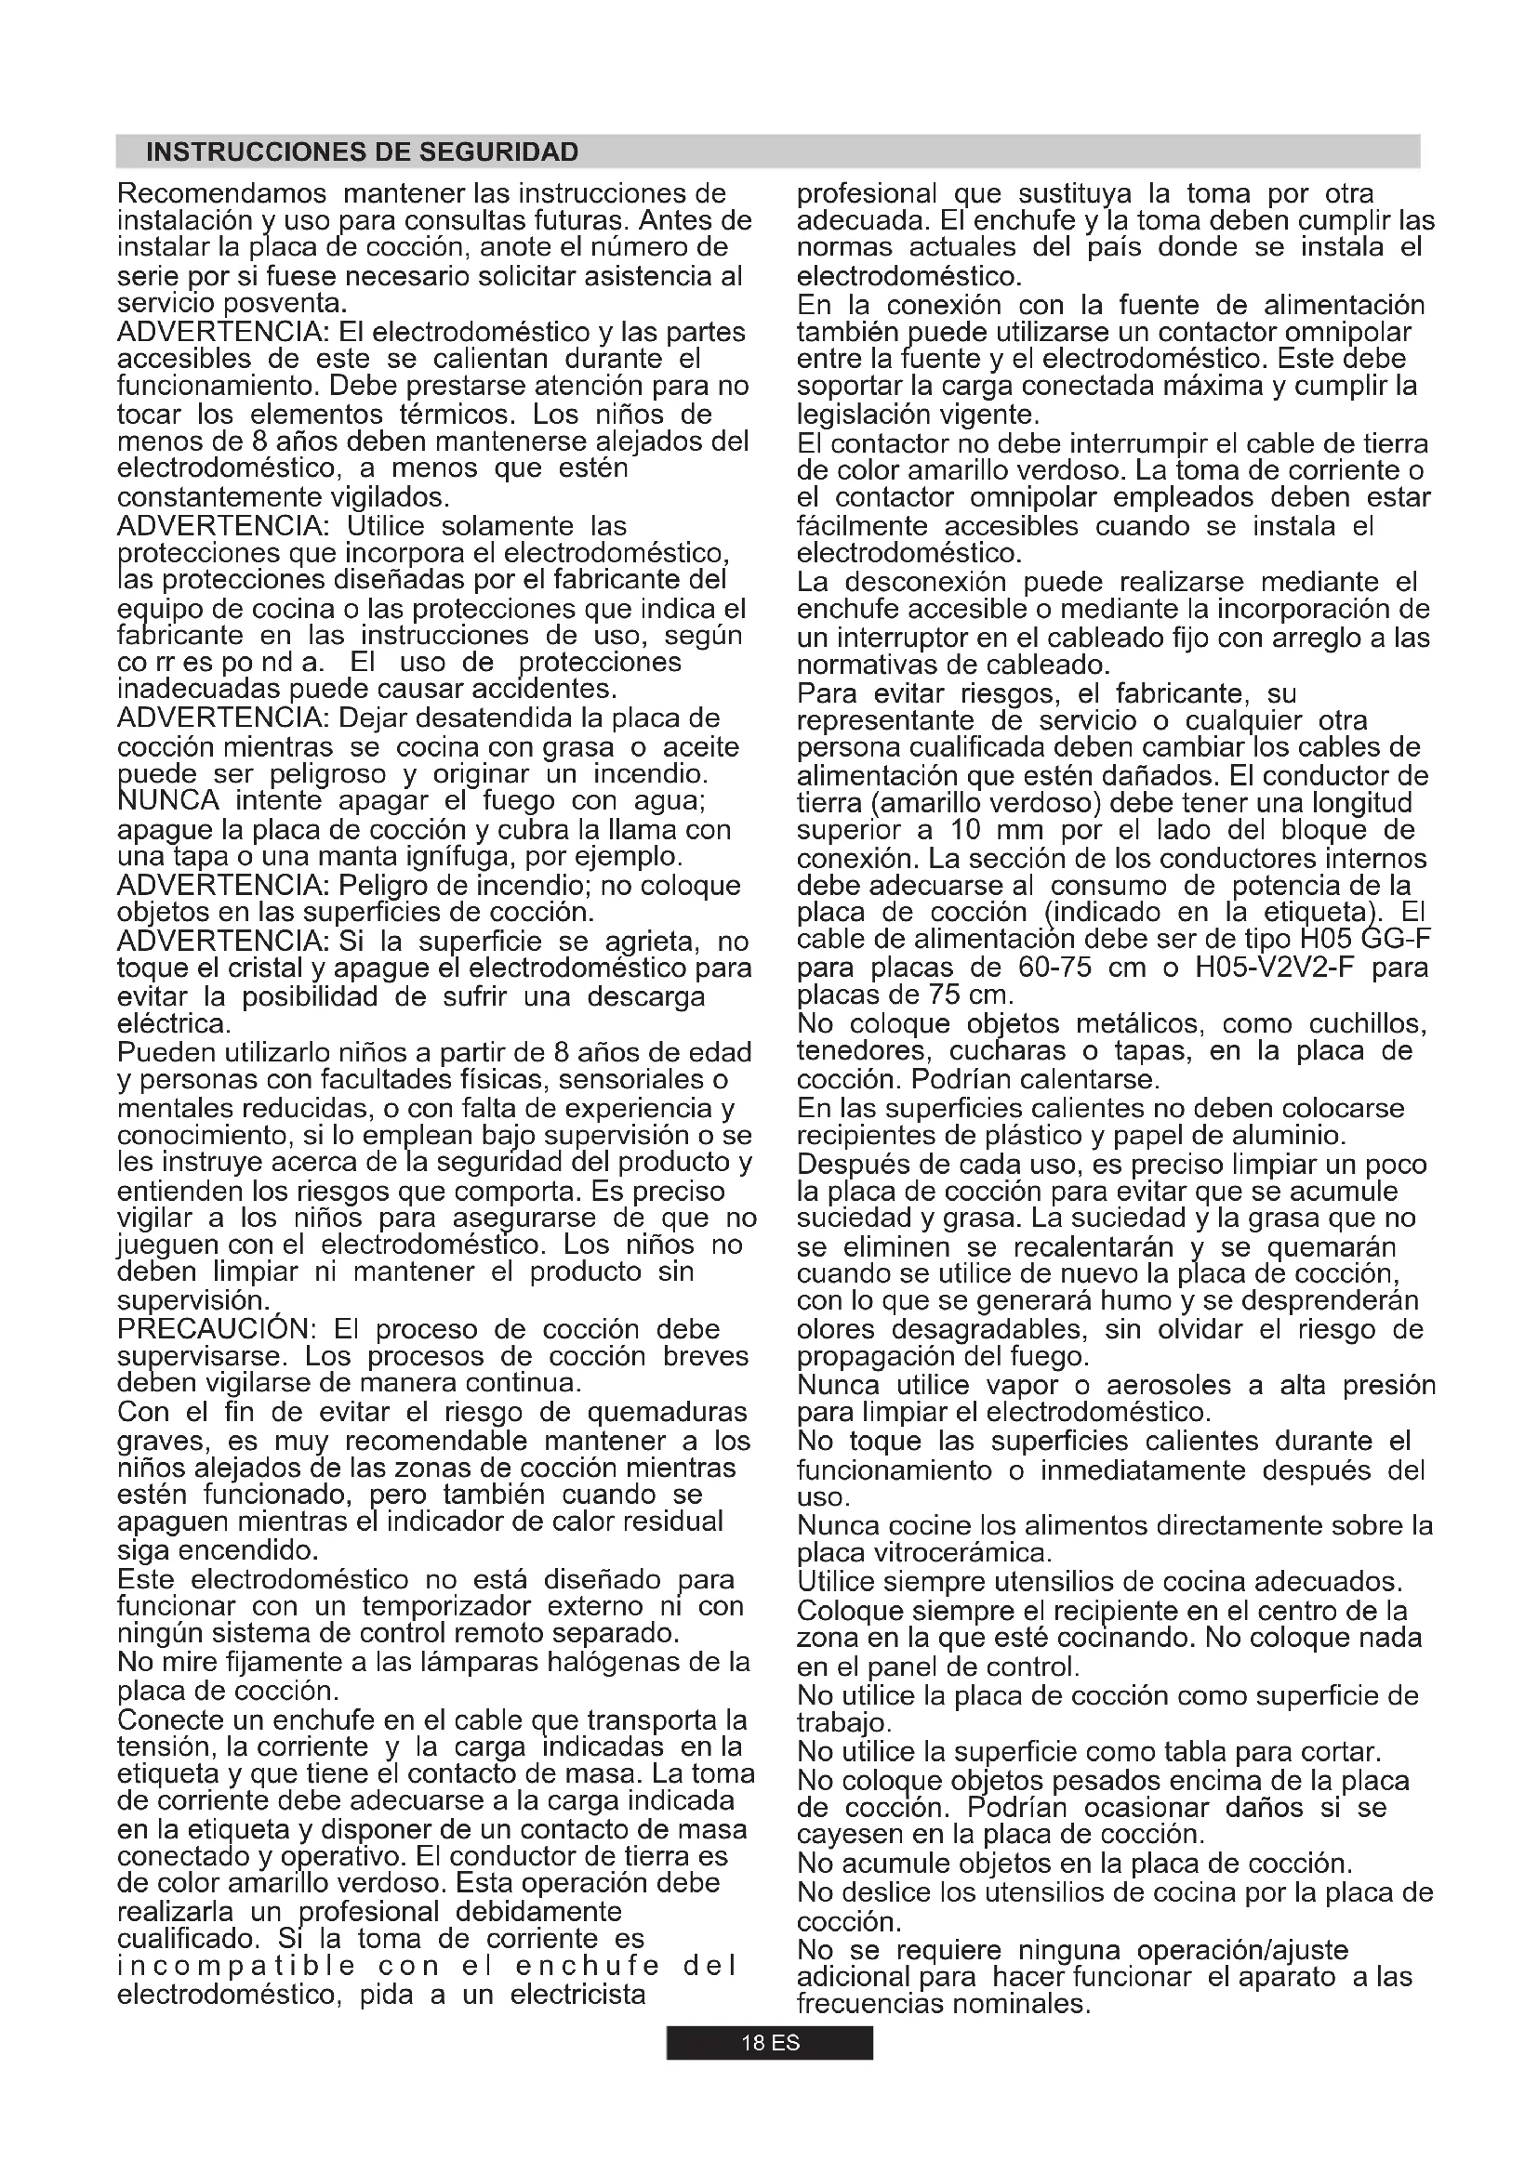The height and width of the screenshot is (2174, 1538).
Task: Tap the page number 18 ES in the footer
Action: pos(770,2042)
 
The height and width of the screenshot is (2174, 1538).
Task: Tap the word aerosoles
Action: pos(1170,1385)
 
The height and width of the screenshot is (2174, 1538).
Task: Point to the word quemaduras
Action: pos(668,1412)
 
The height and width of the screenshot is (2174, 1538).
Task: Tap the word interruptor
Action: pos(910,638)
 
